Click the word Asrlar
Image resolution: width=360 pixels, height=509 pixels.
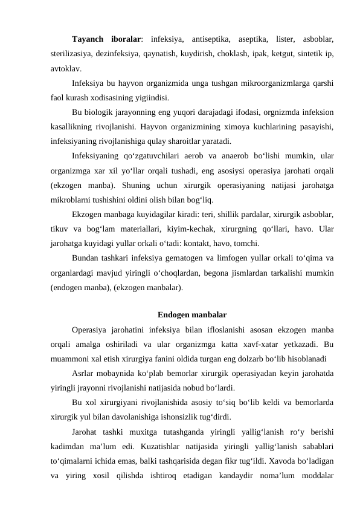[82, 373]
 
